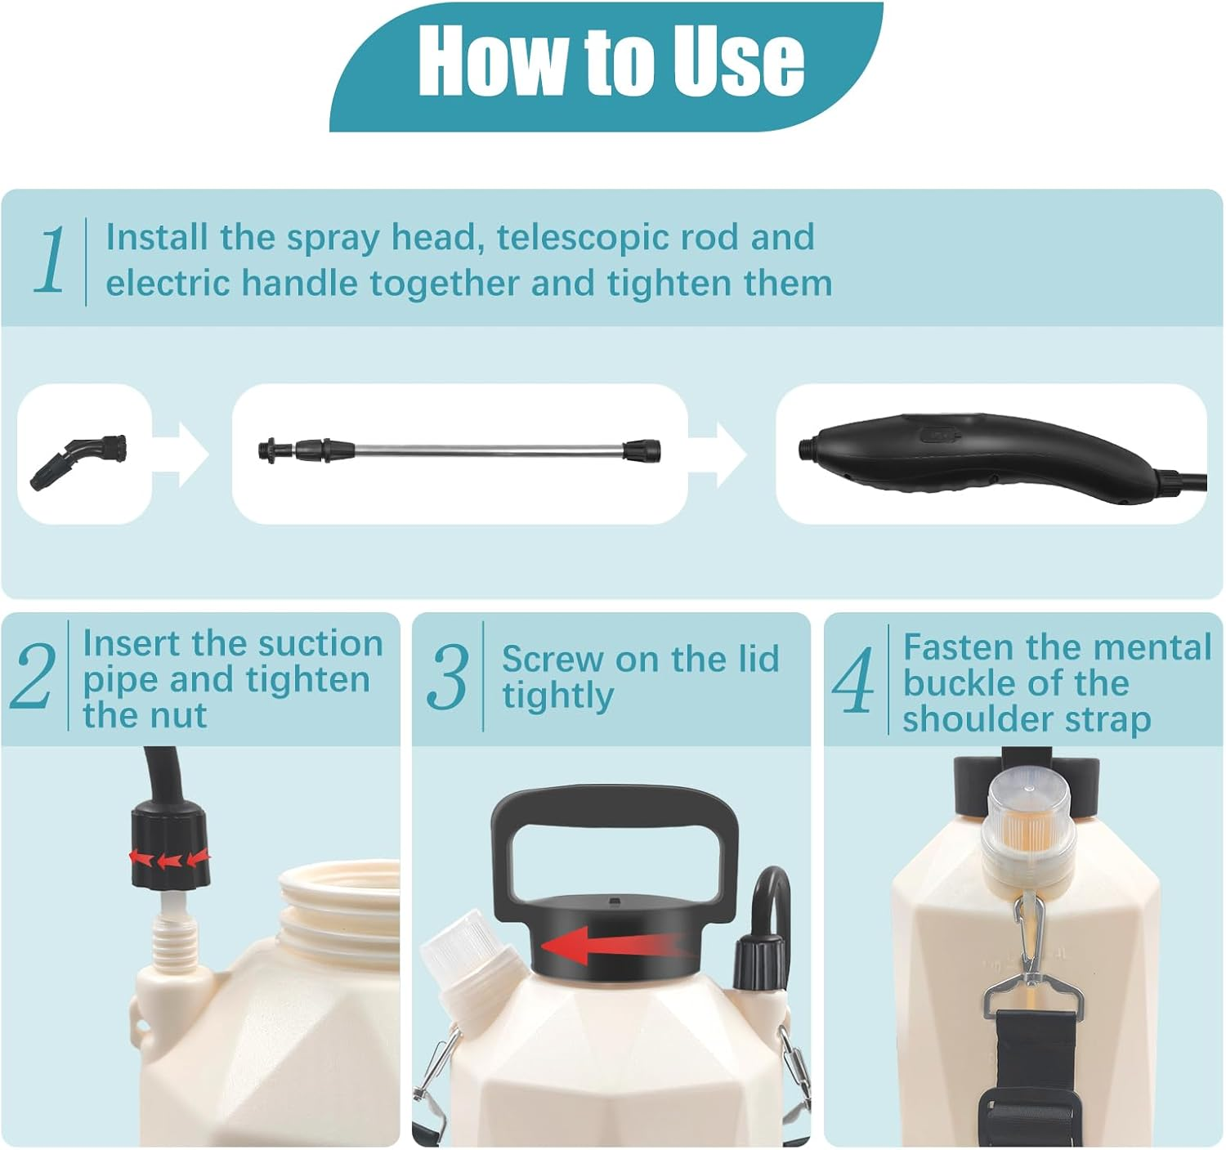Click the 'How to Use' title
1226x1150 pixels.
click(611, 61)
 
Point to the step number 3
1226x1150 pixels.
click(447, 676)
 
